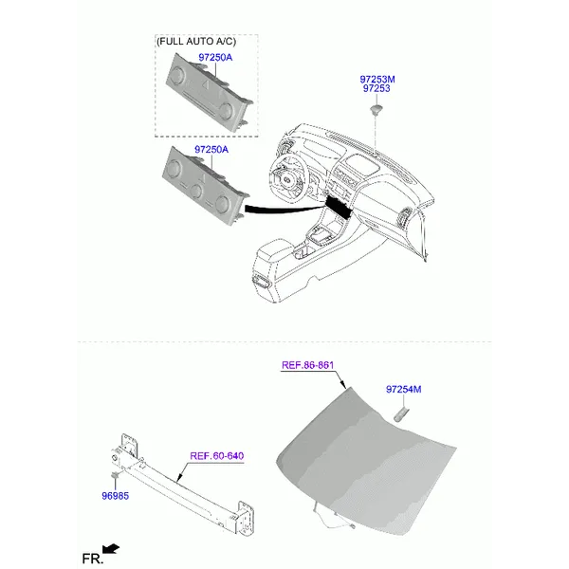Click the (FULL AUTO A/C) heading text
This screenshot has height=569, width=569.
point(196,42)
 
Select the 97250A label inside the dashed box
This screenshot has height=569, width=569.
point(215,57)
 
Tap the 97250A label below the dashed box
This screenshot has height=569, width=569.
point(211,150)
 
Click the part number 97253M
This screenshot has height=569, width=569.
point(377,79)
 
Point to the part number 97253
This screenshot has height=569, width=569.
point(376,88)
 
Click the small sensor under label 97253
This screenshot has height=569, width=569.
point(376,109)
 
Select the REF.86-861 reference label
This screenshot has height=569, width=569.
point(307,365)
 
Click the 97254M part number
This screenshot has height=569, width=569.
point(404,390)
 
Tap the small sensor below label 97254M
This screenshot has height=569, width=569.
point(402,414)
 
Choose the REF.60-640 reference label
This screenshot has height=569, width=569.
point(217,456)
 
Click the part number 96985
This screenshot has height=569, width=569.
point(116,496)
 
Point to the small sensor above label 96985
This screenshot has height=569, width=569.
point(116,475)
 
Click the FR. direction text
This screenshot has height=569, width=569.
point(93,559)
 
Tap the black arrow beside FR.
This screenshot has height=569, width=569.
point(111,549)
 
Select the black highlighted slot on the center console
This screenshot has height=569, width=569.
point(339,207)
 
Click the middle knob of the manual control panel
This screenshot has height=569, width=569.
point(196,191)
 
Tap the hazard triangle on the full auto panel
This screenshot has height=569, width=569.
point(206,84)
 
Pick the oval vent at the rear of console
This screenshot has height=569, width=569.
point(262,281)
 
